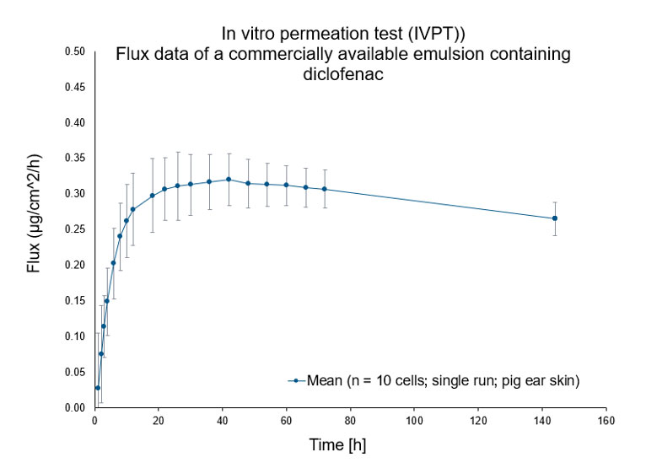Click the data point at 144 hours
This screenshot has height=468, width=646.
(x=555, y=218)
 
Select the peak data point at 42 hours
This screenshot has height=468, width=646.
(x=229, y=179)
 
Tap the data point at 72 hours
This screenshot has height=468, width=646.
(x=325, y=189)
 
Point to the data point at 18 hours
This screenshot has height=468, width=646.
(x=153, y=196)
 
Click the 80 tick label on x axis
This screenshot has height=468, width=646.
(x=350, y=420)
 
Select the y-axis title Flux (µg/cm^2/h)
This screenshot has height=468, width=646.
(x=34, y=229)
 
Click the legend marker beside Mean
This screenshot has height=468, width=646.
(x=296, y=380)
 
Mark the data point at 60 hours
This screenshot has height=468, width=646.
(x=287, y=185)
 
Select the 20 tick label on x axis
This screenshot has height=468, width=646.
(x=159, y=420)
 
